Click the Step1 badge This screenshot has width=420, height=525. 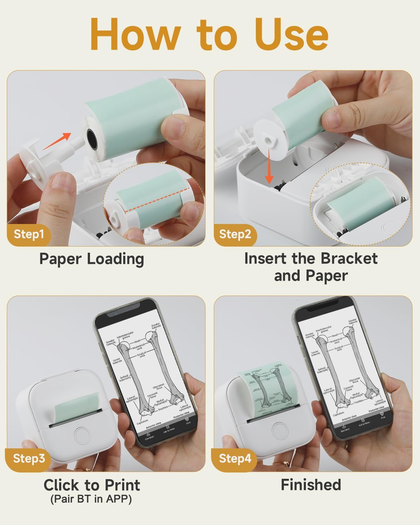(29, 234)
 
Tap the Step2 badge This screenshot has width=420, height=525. (235, 234)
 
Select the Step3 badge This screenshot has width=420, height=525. (29, 458)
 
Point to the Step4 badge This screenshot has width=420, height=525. (235, 458)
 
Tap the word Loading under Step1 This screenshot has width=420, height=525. (115, 259)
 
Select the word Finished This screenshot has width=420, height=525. (311, 485)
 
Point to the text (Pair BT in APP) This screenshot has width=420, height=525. (91, 499)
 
